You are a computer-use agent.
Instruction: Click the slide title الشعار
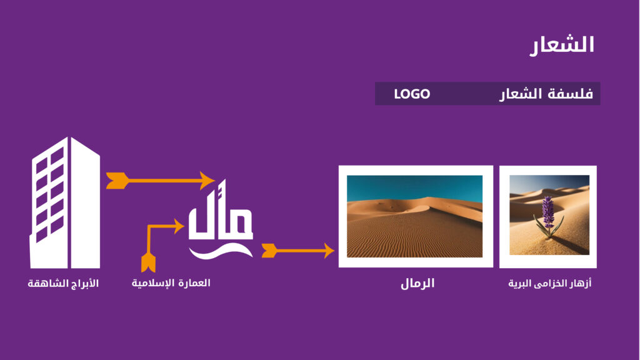pos(562,45)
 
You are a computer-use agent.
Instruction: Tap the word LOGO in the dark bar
pos(412,94)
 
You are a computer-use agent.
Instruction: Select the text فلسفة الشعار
pos(546,94)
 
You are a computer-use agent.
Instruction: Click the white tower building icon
pos(65,203)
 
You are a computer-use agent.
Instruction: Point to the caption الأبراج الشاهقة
pos(63,283)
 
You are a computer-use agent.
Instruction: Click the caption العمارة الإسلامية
pos(171,283)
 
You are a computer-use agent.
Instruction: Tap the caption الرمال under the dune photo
pos(417,283)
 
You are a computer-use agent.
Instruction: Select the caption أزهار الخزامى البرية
pos(549,283)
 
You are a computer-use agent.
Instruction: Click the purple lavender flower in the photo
pos(548,211)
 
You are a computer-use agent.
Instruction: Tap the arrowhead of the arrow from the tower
pos(207,181)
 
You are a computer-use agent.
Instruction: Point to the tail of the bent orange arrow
pos(148,262)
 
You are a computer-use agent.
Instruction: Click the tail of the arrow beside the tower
pos(117,181)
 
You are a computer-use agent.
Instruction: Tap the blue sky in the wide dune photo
pos(414,186)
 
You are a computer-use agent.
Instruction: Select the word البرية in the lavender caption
pos(520,283)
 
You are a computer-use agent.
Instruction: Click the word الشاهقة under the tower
pos(44,283)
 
